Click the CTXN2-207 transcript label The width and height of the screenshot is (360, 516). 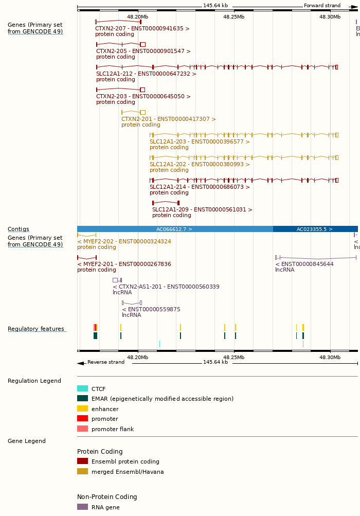pyautogui.click(x=142, y=29)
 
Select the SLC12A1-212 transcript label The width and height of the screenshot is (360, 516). pyautogui.click(x=146, y=74)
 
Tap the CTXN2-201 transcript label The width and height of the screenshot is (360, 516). pyautogui.click(x=168, y=119)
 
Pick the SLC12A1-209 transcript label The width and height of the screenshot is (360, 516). pyautogui.click(x=202, y=210)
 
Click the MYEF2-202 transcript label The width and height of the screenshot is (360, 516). pyautogui.click(x=124, y=242)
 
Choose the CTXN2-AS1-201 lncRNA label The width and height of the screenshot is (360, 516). pyautogui.click(x=166, y=287)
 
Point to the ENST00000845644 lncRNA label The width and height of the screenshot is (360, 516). pyautogui.click(x=304, y=264)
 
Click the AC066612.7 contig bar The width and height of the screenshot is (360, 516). pyautogui.click(x=174, y=229)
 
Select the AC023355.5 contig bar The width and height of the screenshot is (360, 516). pyautogui.click(x=315, y=229)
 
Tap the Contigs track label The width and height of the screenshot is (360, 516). pyautogui.click(x=18, y=229)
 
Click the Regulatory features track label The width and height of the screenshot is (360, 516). pyautogui.click(x=36, y=329)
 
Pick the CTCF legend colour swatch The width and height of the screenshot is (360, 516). pyautogui.click(x=82, y=389)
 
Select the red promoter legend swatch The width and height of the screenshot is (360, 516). pyautogui.click(x=82, y=419)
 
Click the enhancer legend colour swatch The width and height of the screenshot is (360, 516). pyautogui.click(x=82, y=409)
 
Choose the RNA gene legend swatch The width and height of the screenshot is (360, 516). pyautogui.click(x=82, y=507)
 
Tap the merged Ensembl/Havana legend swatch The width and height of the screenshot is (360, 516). pyautogui.click(x=82, y=472)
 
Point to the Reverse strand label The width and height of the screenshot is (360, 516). pyautogui.click(x=105, y=362)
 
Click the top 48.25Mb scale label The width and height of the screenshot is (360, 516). pyautogui.click(x=233, y=17)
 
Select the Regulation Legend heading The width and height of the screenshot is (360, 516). pyautogui.click(x=34, y=381)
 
